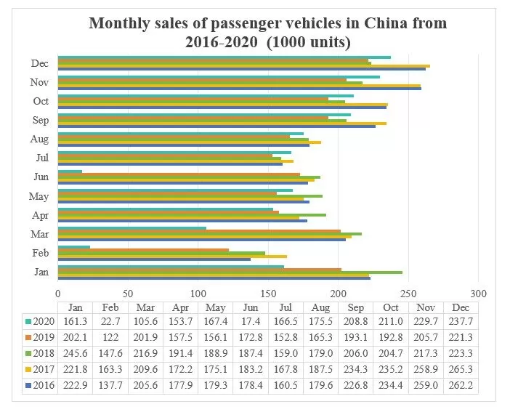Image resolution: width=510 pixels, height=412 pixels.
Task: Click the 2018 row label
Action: point(44,353)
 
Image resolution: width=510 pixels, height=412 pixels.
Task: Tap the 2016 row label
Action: point(44,384)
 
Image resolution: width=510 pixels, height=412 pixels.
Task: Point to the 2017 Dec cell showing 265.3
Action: point(461,369)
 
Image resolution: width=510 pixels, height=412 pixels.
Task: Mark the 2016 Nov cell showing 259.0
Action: point(426,384)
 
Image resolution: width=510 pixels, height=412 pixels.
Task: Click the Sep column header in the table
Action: point(355,307)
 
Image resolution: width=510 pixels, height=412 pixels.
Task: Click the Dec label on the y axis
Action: point(40,63)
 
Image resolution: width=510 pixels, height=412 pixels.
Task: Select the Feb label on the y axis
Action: point(40,252)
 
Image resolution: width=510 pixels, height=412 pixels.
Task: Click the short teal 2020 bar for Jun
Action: point(70,171)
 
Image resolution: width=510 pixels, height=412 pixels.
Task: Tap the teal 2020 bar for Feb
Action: point(73,247)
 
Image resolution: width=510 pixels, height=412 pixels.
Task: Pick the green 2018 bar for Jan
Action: point(230,272)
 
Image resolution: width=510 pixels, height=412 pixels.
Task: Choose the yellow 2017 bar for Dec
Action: point(243,66)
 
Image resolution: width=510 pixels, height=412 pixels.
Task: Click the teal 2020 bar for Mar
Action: point(131,228)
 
